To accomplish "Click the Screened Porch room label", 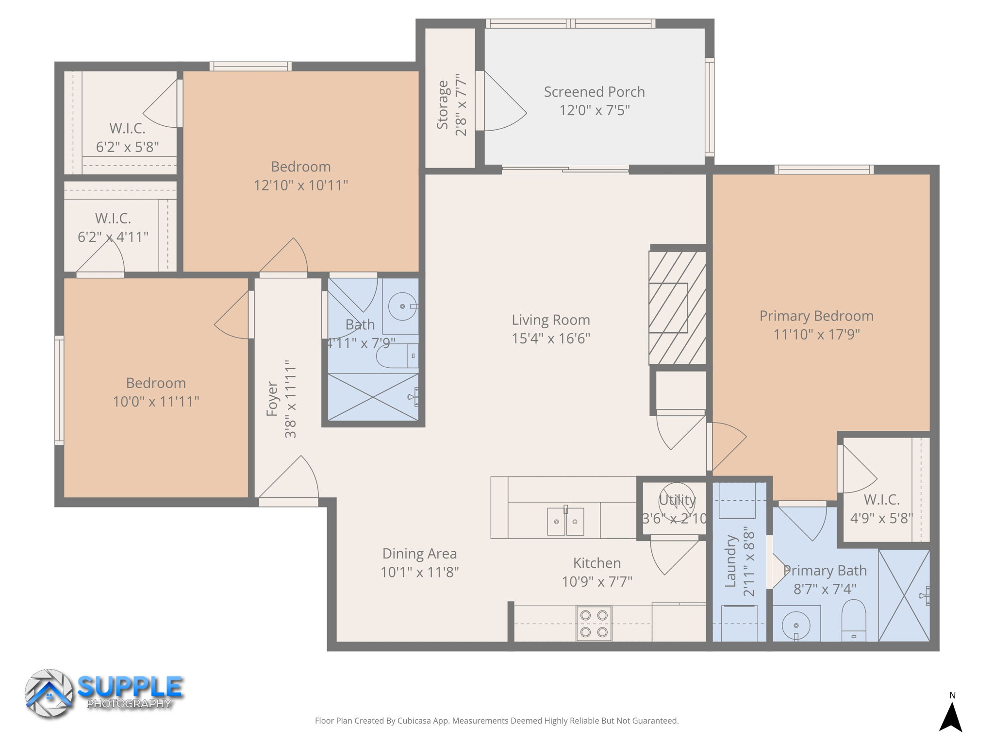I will [x=594, y=92].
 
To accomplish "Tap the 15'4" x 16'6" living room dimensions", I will [x=551, y=339].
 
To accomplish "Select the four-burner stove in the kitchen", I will [x=594, y=624].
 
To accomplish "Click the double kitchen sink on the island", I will [x=565, y=521].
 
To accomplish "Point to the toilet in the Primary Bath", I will [x=853, y=620].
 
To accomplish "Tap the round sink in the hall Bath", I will [x=402, y=306].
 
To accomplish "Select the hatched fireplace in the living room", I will [x=678, y=307].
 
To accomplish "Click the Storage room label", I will [x=442, y=105].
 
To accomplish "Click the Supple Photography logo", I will [x=104, y=693].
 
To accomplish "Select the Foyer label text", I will [x=272, y=399].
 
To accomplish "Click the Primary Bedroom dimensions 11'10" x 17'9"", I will [x=816, y=335].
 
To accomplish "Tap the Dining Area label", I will [x=419, y=554].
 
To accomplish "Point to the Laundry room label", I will [x=731, y=561].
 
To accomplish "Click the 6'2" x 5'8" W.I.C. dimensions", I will [x=127, y=147].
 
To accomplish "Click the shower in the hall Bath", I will [x=373, y=397].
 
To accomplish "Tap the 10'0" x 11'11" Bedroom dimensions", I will [x=156, y=402].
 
